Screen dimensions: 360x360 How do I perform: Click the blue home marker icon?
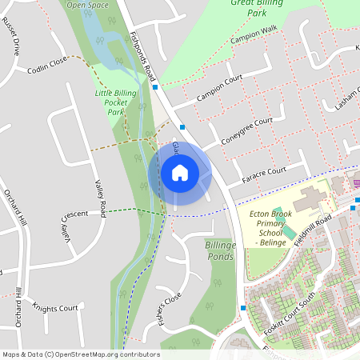pyautogui.click(x=180, y=173)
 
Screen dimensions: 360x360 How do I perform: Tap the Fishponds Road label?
pyautogui.click(x=142, y=57)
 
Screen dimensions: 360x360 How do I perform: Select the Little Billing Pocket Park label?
pyautogui.click(x=116, y=102)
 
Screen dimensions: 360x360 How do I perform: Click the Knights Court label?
pyautogui.click(x=55, y=307)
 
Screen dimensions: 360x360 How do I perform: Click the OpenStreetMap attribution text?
pyautogui.click(x=81, y=354)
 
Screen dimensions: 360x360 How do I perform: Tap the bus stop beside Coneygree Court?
pyautogui.click(x=183, y=126)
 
